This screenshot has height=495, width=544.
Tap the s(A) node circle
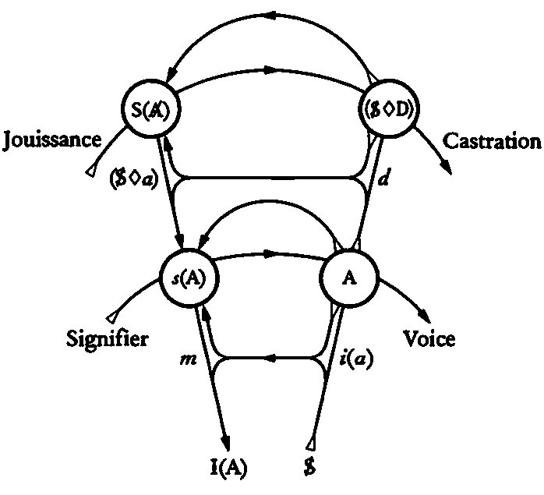tap(188, 278)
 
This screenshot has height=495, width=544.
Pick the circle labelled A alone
tap(349, 278)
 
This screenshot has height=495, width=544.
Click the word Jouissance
tap(52, 140)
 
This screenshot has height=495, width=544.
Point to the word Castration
tap(491, 141)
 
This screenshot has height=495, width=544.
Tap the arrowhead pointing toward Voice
tap(425, 315)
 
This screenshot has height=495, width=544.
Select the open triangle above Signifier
tap(115, 316)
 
